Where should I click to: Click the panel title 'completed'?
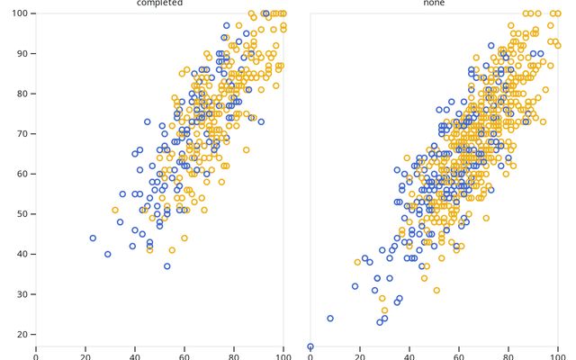[159, 4]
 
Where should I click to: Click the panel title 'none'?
[434, 4]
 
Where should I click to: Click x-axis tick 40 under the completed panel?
[135, 355]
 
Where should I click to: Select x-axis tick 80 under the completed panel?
[234, 355]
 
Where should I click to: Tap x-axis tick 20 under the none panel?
[360, 355]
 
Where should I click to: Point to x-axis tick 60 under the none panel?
[459, 355]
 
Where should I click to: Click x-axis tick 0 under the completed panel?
[36, 355]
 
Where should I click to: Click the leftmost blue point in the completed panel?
[93, 238]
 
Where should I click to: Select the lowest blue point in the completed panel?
[166, 266]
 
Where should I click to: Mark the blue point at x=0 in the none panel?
[310, 346]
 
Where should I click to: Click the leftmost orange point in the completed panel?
[115, 210]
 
